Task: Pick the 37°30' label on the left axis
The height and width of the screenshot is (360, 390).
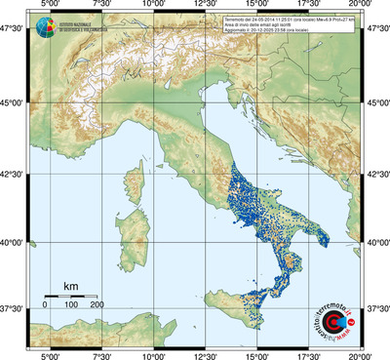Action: [x=12, y=307]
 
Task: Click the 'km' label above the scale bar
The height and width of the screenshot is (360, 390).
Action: [x=70, y=286]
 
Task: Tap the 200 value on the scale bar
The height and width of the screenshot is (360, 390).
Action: [x=97, y=305]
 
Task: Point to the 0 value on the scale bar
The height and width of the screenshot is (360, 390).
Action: [x=45, y=305]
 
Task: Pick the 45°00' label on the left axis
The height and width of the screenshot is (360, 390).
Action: [x=12, y=103]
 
